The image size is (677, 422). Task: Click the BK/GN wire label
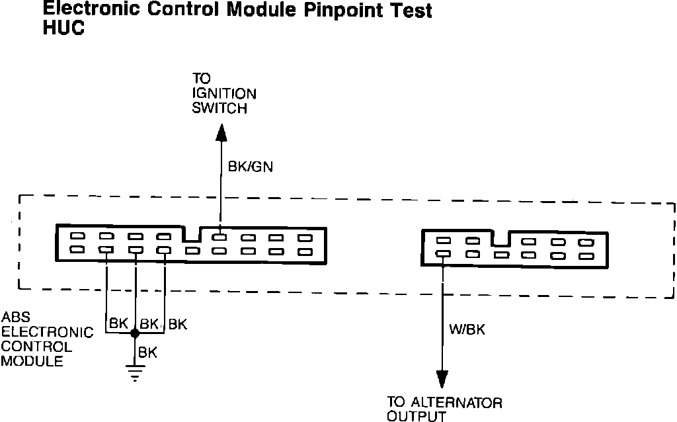pos(250,167)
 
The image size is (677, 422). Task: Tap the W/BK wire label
pos(467,329)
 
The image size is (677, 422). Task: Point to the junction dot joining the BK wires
pos(135,335)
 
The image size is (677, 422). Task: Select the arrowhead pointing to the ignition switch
pos(221,132)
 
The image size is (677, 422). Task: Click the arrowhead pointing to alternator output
pos(442,378)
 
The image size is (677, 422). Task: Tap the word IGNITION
pos(224,94)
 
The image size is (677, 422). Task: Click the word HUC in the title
pos(63,29)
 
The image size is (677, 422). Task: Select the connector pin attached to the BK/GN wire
pos(221,236)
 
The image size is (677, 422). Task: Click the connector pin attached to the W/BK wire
pos(443,254)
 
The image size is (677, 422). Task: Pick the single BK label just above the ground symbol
pos(148,353)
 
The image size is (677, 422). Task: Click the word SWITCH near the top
pos(219,108)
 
